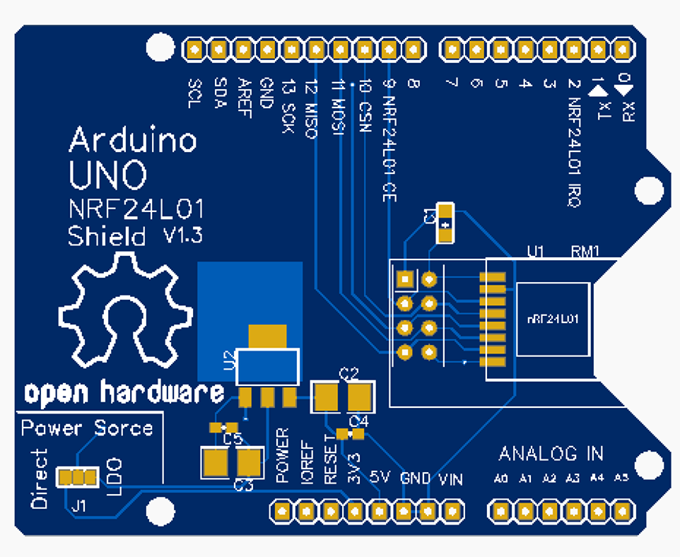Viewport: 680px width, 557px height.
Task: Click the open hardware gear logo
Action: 124,315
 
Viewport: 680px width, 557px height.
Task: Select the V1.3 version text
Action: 182,236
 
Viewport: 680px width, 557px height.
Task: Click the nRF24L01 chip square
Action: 553,319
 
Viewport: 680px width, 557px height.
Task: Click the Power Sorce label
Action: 86,428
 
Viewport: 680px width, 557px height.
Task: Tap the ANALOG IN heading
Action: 551,453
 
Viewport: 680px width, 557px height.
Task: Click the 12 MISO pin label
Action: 311,110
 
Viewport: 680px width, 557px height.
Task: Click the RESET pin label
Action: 330,459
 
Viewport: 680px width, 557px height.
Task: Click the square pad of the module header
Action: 404,279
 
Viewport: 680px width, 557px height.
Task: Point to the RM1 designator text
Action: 585,251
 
